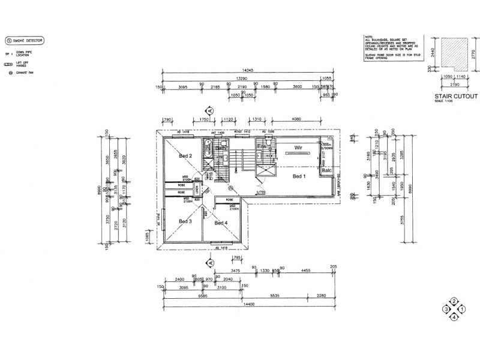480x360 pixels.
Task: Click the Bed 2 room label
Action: click(185, 156)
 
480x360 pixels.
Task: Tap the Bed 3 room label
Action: click(185, 221)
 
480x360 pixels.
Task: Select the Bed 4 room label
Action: click(221, 223)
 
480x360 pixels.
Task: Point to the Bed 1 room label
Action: click(299, 176)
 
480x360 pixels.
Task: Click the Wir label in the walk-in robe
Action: click(296, 147)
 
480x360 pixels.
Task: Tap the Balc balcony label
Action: click(326, 170)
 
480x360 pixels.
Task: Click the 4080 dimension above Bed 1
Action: click(296, 119)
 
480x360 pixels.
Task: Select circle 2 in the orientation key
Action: click(454, 301)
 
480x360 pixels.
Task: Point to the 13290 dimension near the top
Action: click(243, 77)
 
